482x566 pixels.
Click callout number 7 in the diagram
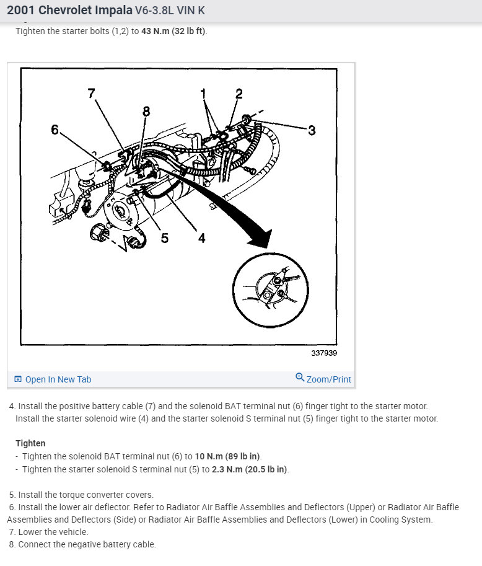pyautogui.click(x=92, y=94)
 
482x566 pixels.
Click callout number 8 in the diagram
pyautogui.click(x=146, y=112)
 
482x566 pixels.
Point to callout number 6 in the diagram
pyautogui.click(x=55, y=130)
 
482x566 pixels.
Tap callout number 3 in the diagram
pyautogui.click(x=312, y=130)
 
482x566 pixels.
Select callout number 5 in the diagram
pyautogui.click(x=164, y=238)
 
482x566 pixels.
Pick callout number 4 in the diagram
pyautogui.click(x=201, y=238)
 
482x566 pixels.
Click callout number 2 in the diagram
pyautogui.click(x=239, y=94)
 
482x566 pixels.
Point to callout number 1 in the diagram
pyautogui.click(x=203, y=93)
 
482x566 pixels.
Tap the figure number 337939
pyautogui.click(x=324, y=353)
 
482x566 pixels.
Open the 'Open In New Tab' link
pyautogui.click(x=58, y=379)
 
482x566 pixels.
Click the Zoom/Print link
pyautogui.click(x=328, y=379)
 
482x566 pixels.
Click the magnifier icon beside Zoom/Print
pyautogui.click(x=300, y=378)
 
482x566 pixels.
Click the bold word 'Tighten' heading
pyautogui.click(x=30, y=443)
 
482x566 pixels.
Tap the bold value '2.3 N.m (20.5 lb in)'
pyautogui.click(x=250, y=469)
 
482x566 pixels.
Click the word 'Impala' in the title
pyautogui.click(x=114, y=10)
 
